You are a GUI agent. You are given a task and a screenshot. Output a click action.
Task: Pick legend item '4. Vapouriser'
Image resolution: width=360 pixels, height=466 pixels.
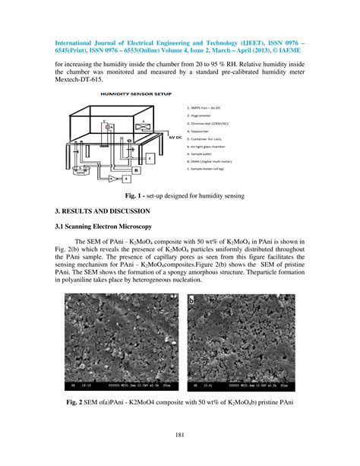[201, 135]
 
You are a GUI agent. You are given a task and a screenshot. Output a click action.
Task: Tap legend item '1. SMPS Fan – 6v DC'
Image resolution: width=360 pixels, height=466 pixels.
[207, 108]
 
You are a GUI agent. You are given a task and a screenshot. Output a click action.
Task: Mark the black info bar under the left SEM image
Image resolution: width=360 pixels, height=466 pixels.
[116, 385]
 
